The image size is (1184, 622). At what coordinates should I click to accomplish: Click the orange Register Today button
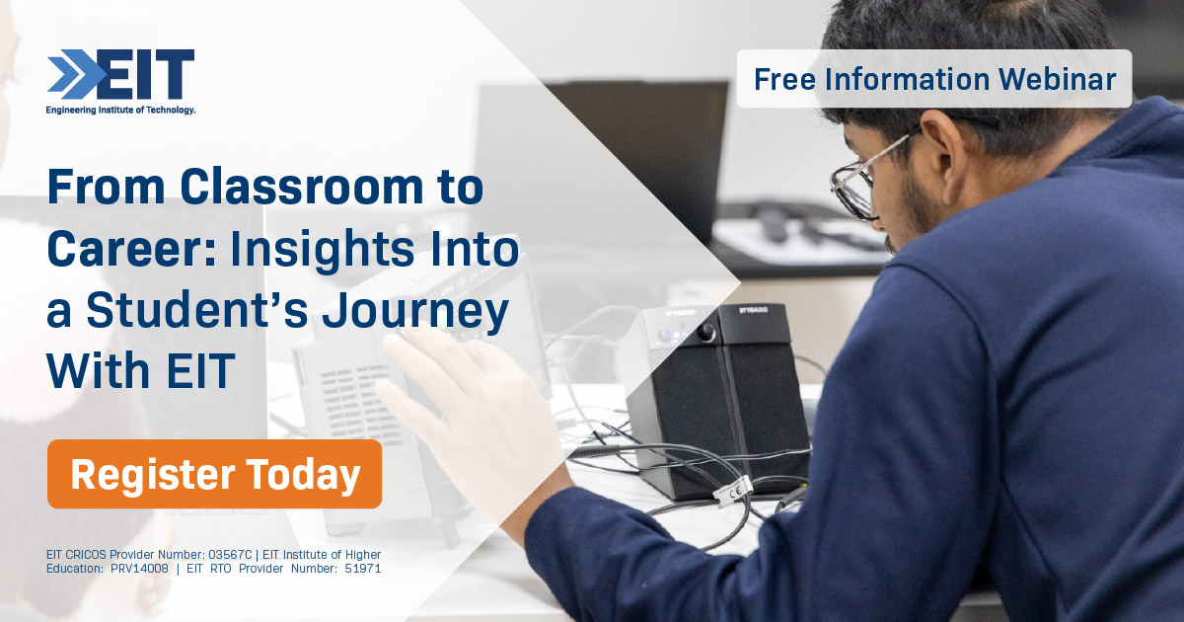coord(214,474)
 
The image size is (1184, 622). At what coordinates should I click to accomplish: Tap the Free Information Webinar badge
coord(933,79)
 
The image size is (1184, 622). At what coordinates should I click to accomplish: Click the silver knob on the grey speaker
coord(706,333)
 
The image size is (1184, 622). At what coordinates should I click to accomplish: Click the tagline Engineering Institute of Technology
coord(120,111)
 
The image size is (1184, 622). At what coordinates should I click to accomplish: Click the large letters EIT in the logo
coord(148,74)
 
